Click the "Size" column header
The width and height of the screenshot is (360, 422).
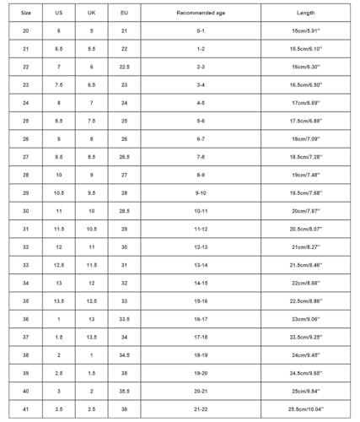click(26, 14)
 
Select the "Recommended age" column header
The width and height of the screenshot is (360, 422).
click(201, 14)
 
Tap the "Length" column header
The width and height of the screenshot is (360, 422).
click(305, 14)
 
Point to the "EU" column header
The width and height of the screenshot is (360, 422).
click(124, 14)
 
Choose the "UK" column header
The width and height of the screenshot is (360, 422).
click(91, 14)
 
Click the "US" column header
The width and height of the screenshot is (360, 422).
click(58, 14)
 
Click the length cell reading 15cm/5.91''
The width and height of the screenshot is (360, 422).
click(305, 30)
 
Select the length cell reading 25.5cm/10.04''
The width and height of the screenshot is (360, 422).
click(305, 409)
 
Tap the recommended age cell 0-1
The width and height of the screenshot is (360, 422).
click(201, 30)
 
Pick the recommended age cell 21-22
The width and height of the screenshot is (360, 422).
click(201, 409)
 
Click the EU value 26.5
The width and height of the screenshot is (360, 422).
click(124, 156)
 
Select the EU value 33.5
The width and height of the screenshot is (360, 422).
click(124, 319)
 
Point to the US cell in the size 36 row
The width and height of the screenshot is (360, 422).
click(58, 319)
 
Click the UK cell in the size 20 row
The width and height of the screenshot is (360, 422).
click(91, 30)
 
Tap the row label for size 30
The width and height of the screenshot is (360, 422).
click(26, 211)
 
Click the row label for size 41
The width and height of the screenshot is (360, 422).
click(26, 409)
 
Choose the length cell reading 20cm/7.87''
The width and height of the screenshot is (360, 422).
click(305, 211)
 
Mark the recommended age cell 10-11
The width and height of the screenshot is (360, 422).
click(201, 211)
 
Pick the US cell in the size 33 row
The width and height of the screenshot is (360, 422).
click(58, 265)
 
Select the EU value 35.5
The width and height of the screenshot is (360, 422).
click(124, 391)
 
